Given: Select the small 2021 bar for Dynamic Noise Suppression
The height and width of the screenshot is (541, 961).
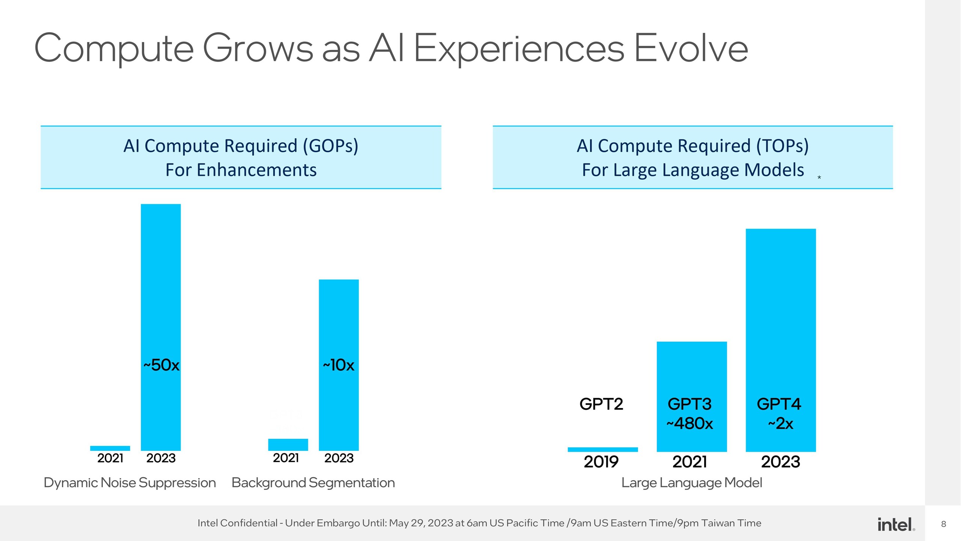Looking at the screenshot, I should click(x=110, y=448).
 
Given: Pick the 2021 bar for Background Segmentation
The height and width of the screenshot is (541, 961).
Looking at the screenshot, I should click(x=288, y=444).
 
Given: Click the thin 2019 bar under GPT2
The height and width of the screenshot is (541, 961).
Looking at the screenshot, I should click(x=603, y=449).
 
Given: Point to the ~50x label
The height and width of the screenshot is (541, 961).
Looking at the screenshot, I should click(x=161, y=365).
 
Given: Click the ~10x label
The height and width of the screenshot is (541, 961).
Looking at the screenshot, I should click(x=339, y=365).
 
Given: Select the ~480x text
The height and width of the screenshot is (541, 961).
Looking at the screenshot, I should click(x=690, y=424).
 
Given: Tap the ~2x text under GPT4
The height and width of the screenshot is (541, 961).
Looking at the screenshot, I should click(x=780, y=424).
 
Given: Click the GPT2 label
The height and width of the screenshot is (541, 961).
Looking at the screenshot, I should click(x=601, y=404).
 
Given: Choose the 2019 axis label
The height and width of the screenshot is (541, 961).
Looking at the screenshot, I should click(x=601, y=462).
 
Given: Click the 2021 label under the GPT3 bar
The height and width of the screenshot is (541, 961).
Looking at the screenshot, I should click(x=690, y=462).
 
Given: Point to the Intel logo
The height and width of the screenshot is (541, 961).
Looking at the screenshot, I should click(x=896, y=524).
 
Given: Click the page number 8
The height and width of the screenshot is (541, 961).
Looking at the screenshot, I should click(x=943, y=524).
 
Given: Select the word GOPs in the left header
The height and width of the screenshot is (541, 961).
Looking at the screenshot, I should click(x=330, y=146).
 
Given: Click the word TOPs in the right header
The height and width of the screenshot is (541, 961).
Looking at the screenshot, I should click(x=782, y=146).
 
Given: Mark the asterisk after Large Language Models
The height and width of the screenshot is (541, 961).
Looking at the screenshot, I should click(x=819, y=177).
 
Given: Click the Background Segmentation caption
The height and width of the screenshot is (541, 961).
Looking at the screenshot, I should click(x=313, y=483).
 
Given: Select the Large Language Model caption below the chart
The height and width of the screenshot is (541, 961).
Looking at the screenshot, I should click(x=691, y=483).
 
